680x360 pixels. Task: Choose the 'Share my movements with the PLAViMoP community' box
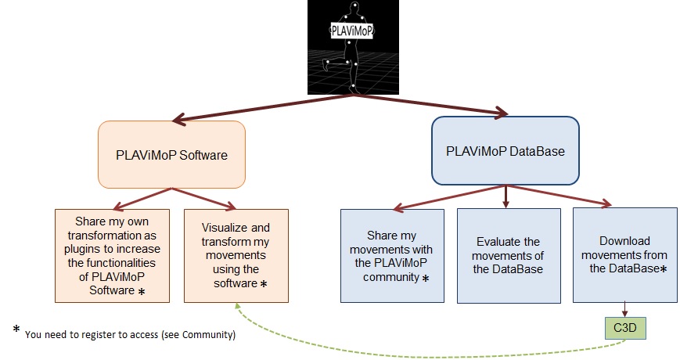click(x=392, y=255)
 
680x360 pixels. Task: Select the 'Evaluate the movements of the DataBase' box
click(x=509, y=255)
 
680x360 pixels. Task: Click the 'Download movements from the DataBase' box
click(x=625, y=255)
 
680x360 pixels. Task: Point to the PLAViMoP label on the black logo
click(x=351, y=31)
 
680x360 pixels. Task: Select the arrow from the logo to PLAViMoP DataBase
click(x=430, y=105)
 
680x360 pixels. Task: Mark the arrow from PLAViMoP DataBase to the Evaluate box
click(x=506, y=196)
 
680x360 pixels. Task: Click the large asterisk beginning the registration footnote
click(x=16, y=329)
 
